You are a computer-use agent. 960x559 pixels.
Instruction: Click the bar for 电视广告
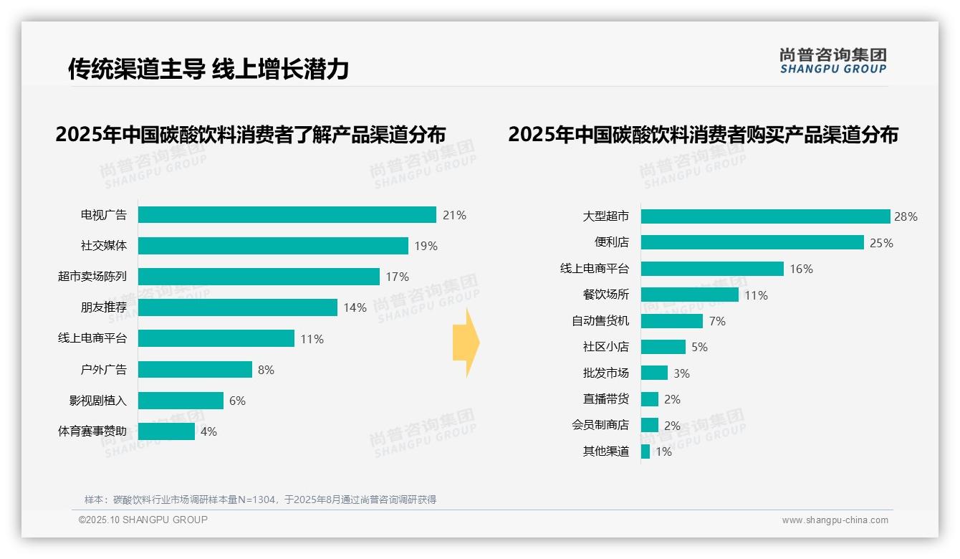[x=287, y=215]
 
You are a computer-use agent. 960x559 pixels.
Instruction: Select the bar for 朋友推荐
[x=237, y=307]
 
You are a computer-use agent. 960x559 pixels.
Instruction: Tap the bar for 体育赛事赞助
[x=166, y=431]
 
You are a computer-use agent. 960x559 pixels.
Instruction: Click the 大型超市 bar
[x=765, y=216]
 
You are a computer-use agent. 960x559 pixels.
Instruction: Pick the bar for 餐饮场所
[x=689, y=295]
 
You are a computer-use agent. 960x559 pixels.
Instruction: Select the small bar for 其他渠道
[x=645, y=451]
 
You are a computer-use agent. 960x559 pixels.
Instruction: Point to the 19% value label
[x=426, y=246]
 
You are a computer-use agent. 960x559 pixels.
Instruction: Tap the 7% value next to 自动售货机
[x=717, y=321]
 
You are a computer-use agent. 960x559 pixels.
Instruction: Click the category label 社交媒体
[x=104, y=246]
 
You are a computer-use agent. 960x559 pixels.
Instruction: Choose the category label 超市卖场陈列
[x=92, y=277]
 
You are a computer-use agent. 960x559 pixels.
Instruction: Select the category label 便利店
[x=612, y=242]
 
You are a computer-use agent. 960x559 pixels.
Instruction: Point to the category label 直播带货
[x=606, y=399]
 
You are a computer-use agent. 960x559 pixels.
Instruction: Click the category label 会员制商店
[x=600, y=425]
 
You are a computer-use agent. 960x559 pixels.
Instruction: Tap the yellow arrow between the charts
[x=466, y=343]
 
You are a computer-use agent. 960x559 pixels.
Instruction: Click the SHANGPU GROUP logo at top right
[x=832, y=61]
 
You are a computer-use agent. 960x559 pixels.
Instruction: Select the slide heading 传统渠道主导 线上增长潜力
[x=208, y=69]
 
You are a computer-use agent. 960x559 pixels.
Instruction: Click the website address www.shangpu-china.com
[x=835, y=520]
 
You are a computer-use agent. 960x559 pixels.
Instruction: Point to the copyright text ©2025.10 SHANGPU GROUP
[x=143, y=520]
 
